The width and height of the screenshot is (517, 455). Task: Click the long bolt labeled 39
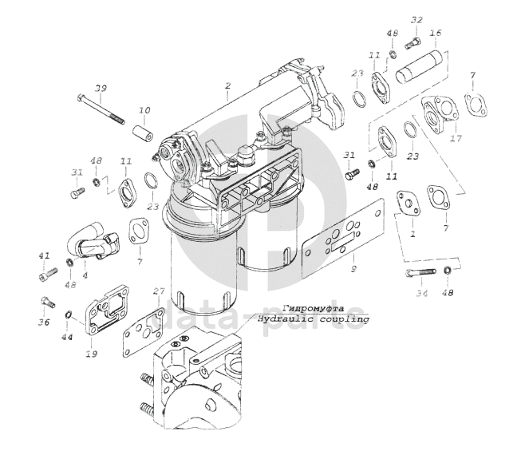click(x=101, y=109)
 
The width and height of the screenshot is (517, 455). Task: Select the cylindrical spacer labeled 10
click(x=143, y=134)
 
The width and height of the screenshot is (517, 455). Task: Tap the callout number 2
click(x=227, y=85)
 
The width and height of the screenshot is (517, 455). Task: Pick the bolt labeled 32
click(x=412, y=43)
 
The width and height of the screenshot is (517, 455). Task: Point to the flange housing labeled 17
click(x=439, y=115)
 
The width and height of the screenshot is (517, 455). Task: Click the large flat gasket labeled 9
click(x=343, y=238)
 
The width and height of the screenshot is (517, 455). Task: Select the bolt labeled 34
click(x=420, y=272)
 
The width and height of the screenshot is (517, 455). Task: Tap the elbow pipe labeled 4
click(x=93, y=241)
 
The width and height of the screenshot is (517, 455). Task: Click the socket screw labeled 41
click(x=48, y=275)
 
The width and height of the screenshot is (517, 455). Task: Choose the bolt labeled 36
click(x=48, y=302)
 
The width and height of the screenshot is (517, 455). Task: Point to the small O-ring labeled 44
click(x=68, y=315)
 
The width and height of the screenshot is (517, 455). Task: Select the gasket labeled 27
click(x=144, y=331)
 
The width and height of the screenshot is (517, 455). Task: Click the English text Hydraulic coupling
click(x=314, y=319)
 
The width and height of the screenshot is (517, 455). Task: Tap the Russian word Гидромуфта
click(x=314, y=308)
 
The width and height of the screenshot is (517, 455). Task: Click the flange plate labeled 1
click(x=408, y=204)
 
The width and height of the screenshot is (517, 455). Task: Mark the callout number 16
click(x=436, y=34)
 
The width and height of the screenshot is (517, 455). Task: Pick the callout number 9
click(x=353, y=269)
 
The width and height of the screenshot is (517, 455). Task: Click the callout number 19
click(x=92, y=354)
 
